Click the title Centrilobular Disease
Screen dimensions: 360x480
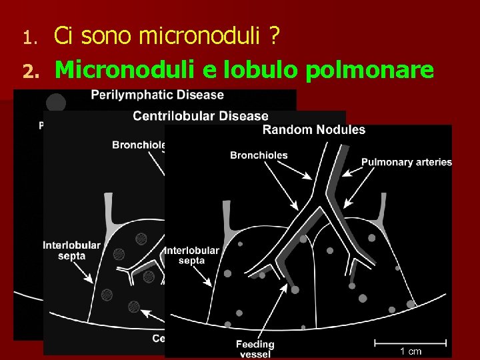click(201, 116)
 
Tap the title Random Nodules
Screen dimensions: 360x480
click(314, 129)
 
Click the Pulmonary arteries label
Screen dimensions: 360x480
click(407, 162)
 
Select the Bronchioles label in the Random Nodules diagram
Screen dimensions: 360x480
click(259, 155)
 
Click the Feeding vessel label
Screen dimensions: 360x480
click(255, 349)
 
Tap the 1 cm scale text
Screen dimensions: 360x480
click(411, 351)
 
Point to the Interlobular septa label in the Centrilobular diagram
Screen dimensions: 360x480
click(71, 250)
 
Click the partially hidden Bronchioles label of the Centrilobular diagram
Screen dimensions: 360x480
click(138, 145)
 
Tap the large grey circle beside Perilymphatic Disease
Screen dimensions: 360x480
click(56, 102)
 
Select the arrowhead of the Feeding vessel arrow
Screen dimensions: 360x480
click(287, 289)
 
